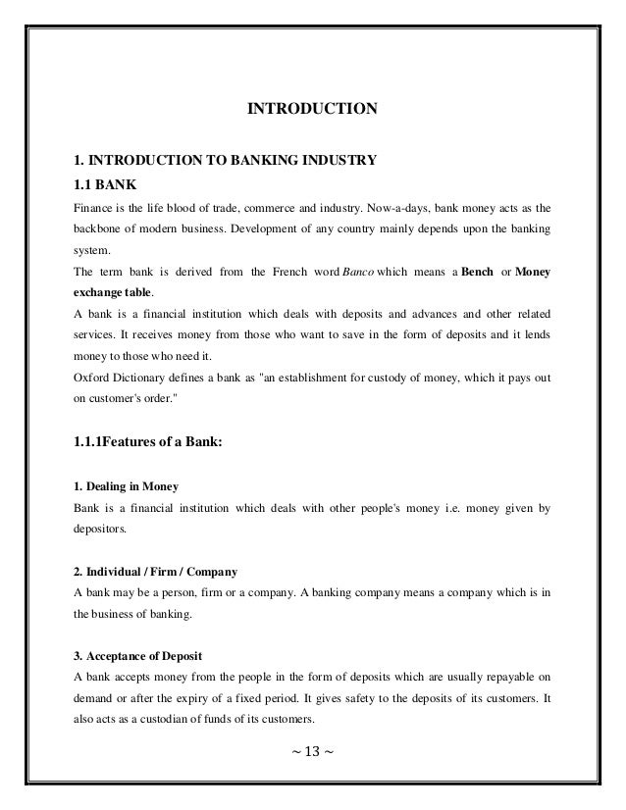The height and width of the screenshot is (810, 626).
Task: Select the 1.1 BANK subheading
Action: tap(102, 183)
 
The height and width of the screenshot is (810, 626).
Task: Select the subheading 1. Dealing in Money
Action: tap(127, 487)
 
